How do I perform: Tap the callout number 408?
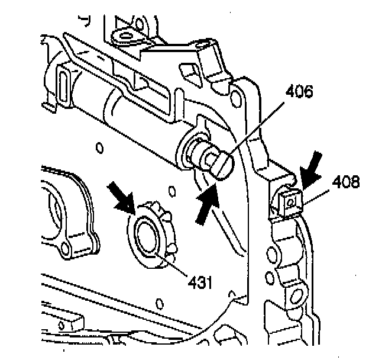(345, 182)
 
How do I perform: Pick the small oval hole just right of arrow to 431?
(171, 191)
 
